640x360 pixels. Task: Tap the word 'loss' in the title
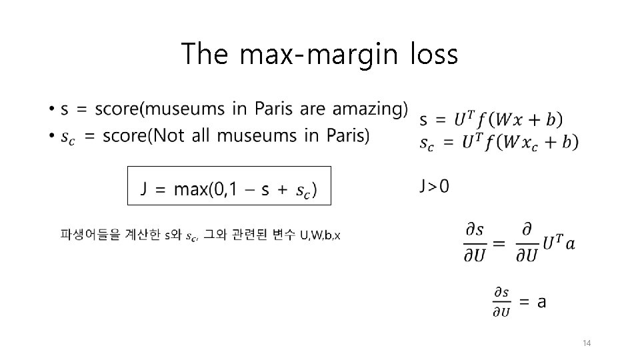click(434, 54)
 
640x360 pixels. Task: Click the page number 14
click(587, 343)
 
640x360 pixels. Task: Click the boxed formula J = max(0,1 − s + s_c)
click(229, 185)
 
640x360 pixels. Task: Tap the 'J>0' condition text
click(434, 187)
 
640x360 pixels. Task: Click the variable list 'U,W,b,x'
click(320, 235)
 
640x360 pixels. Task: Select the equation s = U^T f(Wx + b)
click(491, 120)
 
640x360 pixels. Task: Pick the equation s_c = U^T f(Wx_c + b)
click(499, 142)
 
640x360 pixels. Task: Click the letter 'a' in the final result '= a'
click(541, 301)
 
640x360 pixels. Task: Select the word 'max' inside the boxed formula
click(189, 189)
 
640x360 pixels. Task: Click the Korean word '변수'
click(285, 235)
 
